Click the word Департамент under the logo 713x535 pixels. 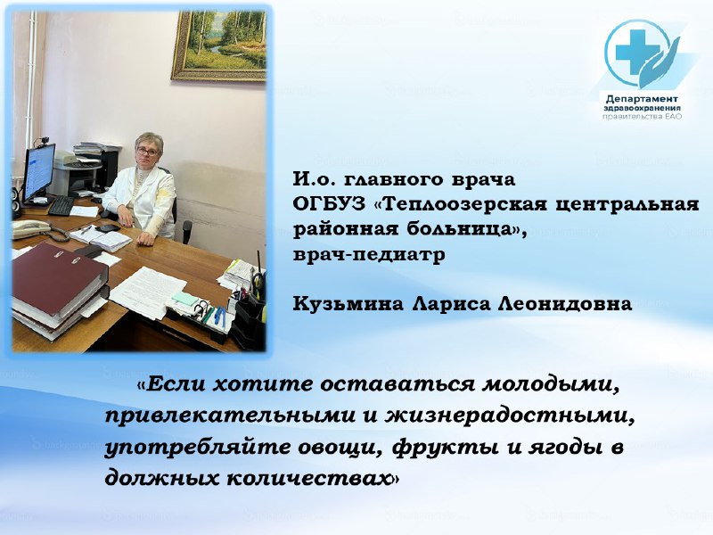click(x=642, y=99)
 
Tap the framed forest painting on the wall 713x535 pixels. click(x=219, y=45)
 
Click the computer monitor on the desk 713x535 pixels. click(x=38, y=172)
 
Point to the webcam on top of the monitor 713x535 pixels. click(x=45, y=141)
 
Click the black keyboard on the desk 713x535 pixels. click(x=61, y=206)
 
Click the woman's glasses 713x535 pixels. click(x=147, y=152)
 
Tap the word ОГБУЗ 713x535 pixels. click(x=329, y=204)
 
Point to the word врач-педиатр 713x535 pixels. click(x=369, y=255)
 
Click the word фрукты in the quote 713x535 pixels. click(x=444, y=449)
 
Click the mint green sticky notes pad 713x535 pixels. click(x=184, y=299)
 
